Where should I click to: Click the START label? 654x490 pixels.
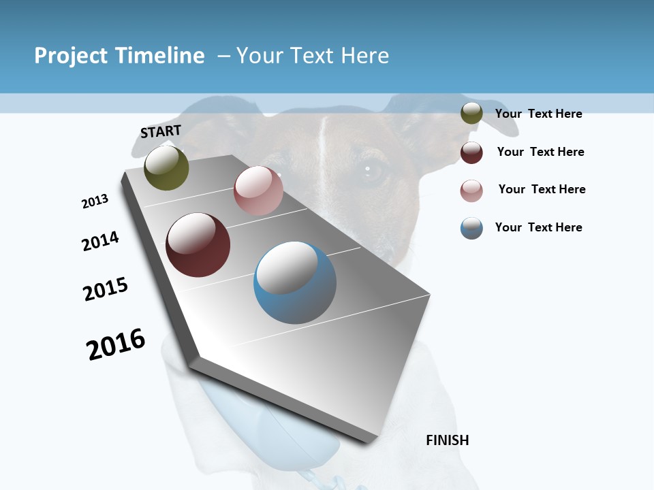click(161, 131)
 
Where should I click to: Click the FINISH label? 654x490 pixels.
click(447, 440)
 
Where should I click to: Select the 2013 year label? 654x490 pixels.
click(95, 201)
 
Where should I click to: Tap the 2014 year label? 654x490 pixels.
click(100, 241)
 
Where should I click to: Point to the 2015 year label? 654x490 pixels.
click(106, 289)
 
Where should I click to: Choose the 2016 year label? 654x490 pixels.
click(116, 344)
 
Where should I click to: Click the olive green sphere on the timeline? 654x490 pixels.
click(166, 168)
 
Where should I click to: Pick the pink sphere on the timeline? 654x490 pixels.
click(258, 191)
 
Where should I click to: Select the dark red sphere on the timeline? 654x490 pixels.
click(198, 245)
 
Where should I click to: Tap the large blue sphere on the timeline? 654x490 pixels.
click(294, 282)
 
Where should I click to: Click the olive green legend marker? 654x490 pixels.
click(471, 114)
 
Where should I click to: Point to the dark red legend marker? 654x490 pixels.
click(471, 152)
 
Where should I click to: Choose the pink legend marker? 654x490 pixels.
click(471, 190)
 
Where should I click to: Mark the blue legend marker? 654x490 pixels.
click(471, 228)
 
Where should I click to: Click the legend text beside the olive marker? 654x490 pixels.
click(538, 114)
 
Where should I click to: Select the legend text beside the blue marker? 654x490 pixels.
click(538, 227)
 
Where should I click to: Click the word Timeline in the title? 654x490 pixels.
click(160, 56)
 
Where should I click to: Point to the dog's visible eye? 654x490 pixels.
click(371, 172)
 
